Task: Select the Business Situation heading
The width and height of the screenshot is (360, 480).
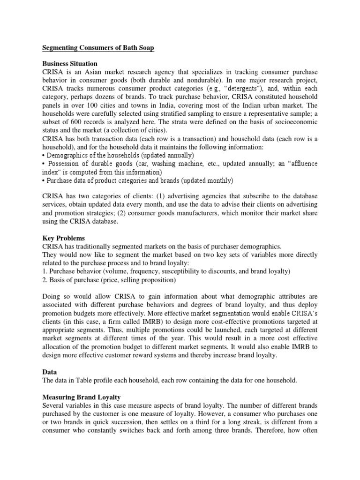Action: [70, 63]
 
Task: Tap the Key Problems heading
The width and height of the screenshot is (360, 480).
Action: [63, 238]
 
